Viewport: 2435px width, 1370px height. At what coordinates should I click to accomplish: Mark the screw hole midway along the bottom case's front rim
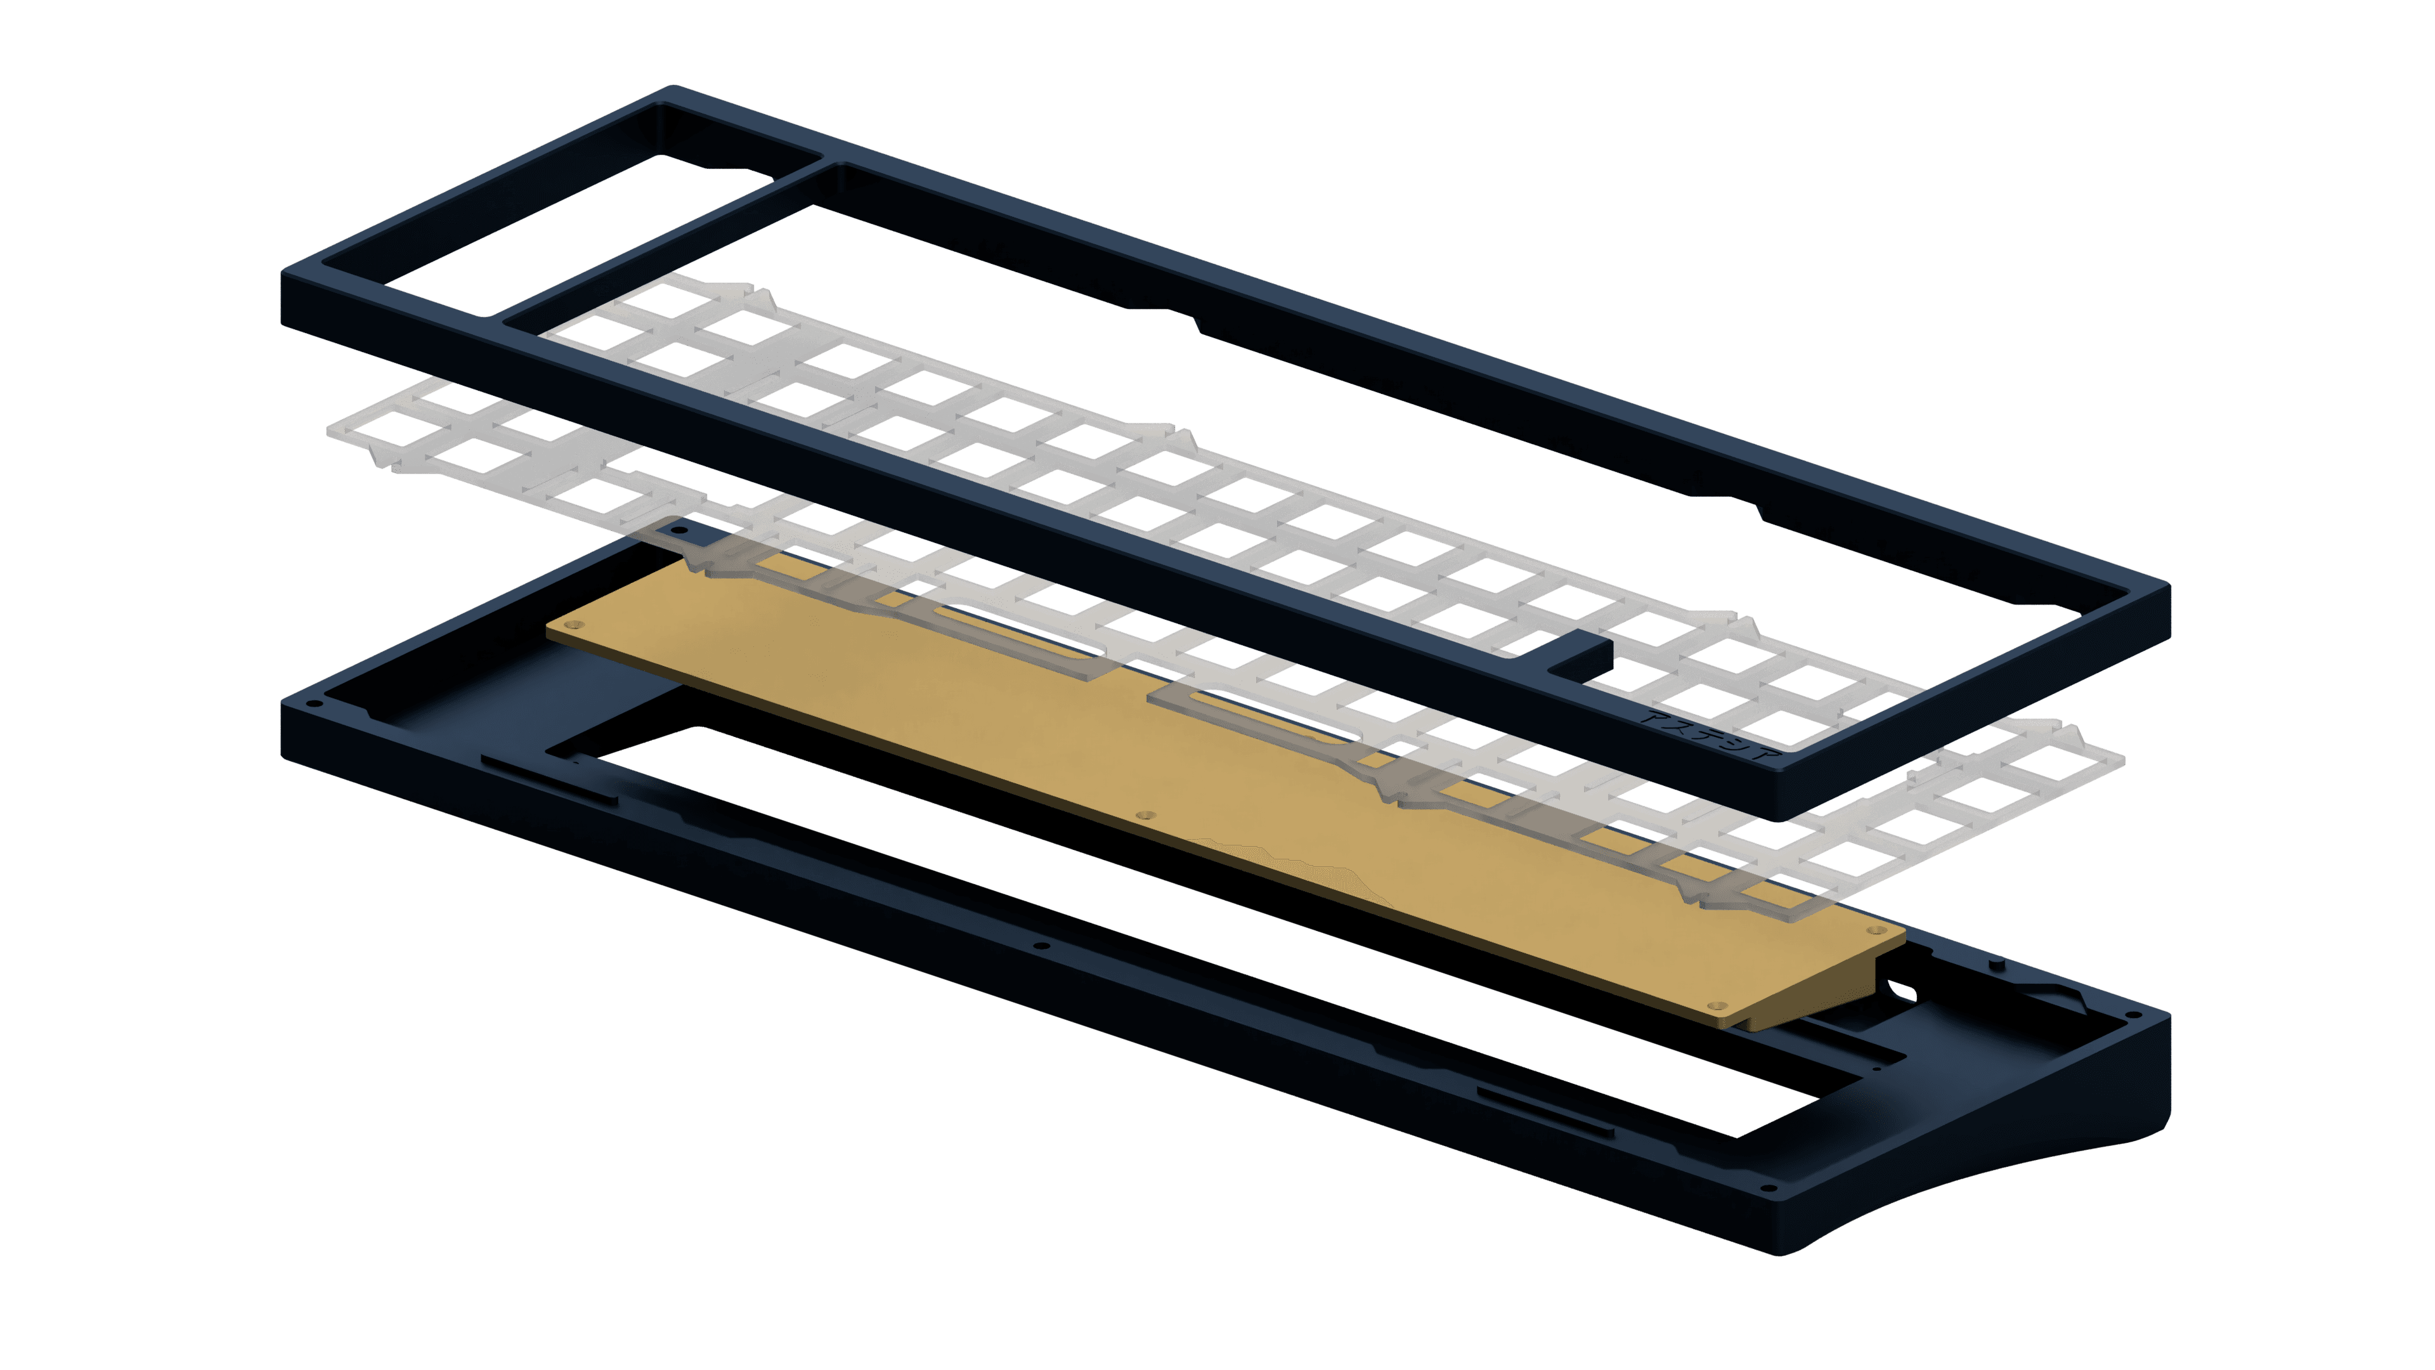(1042, 944)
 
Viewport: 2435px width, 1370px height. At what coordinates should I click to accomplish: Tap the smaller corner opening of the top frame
(567, 218)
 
